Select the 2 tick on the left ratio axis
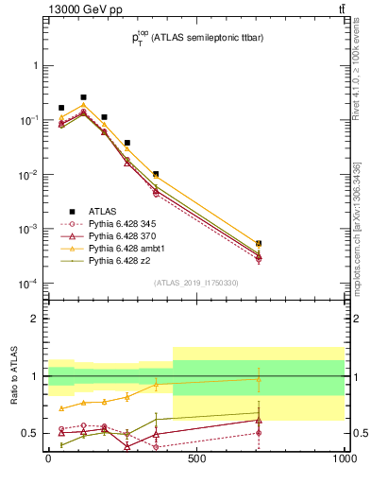pyautogui.click(x=35, y=320)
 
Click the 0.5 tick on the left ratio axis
pyautogui.click(x=31, y=434)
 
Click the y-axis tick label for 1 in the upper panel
pyautogui.click(x=35, y=66)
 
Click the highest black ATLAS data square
pyautogui.click(x=83, y=97)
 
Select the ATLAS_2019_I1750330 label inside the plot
pyautogui.click(x=196, y=282)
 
